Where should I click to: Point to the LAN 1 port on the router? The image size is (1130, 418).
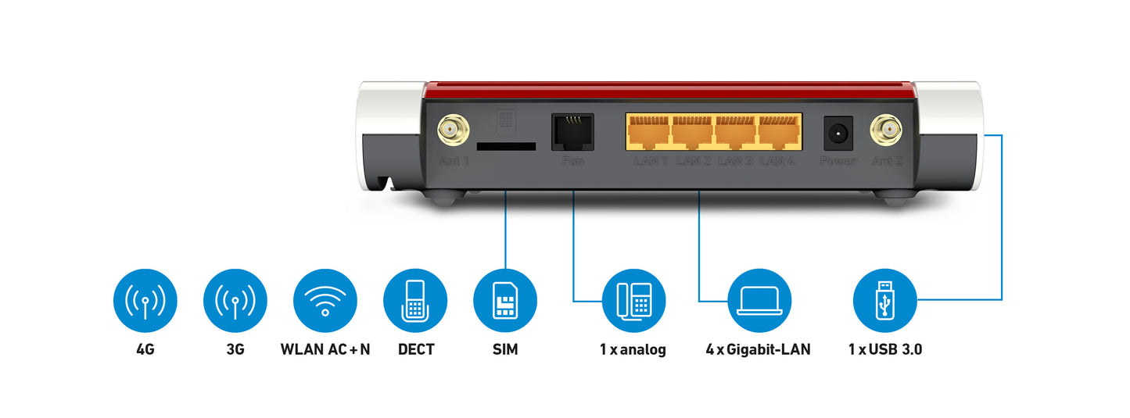tap(649, 132)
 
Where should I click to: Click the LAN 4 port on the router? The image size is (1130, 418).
tap(780, 132)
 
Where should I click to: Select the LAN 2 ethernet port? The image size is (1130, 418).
tap(693, 132)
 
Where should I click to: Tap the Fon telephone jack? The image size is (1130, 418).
tap(572, 132)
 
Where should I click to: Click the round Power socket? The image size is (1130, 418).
tap(838, 134)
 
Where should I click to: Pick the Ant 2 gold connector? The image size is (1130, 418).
tap(886, 130)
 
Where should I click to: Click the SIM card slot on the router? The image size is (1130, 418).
tap(506, 146)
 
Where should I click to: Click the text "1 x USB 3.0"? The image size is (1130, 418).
tap(884, 349)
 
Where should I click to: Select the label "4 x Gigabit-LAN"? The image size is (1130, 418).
tap(758, 349)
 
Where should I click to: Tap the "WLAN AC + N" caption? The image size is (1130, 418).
tap(325, 349)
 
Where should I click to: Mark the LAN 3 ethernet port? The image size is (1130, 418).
tap(737, 132)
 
